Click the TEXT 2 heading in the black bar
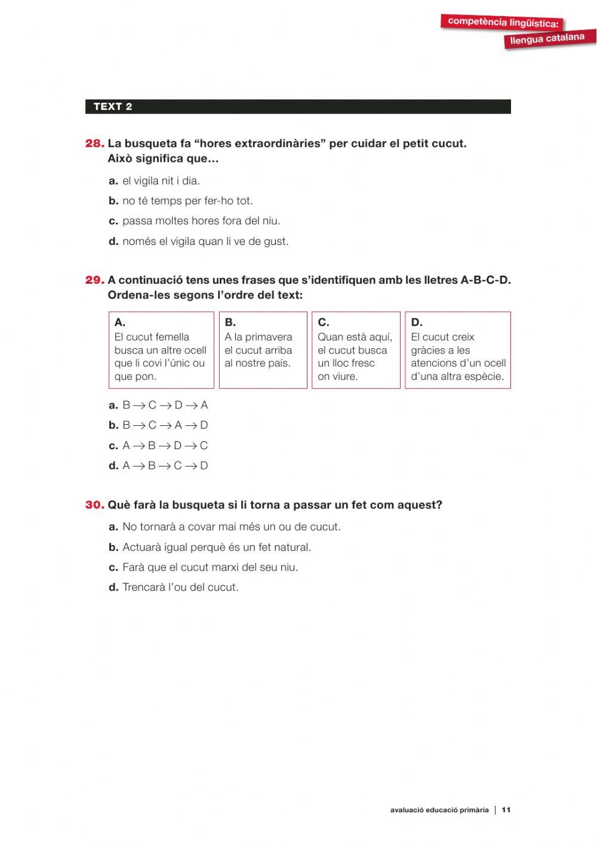click(113, 107)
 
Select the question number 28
click(95, 143)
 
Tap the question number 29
click(95, 280)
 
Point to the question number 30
click(95, 505)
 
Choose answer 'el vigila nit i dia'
click(161, 180)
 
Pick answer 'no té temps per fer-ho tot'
click(187, 201)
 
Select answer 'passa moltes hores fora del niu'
click(201, 221)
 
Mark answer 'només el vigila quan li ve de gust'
click(205, 241)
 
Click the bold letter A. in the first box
click(120, 323)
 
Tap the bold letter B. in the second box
click(230, 323)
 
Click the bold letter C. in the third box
click(323, 323)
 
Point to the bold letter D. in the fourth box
click(416, 323)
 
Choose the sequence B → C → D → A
click(165, 405)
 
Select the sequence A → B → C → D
click(165, 466)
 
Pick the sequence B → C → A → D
click(165, 425)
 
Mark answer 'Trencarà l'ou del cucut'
click(180, 587)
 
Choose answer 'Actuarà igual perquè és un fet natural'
click(216, 547)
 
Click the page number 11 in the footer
click(506, 810)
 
